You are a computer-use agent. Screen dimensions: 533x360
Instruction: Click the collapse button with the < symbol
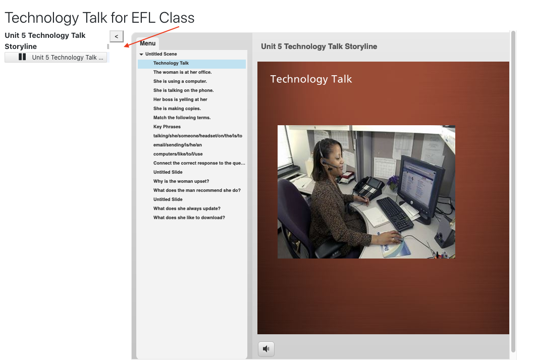click(x=116, y=36)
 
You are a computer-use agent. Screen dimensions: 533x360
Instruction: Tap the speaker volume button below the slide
click(x=266, y=349)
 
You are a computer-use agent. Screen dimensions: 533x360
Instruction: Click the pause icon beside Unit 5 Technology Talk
click(x=22, y=57)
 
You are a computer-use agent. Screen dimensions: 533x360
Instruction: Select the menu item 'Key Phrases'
click(x=167, y=127)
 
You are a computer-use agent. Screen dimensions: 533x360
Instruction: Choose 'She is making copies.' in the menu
click(x=177, y=109)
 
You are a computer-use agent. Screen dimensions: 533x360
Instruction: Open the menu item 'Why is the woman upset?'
click(x=181, y=181)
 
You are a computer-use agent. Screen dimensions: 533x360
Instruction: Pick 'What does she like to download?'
click(x=189, y=218)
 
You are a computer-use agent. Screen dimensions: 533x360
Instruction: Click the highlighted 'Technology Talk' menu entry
click(x=171, y=63)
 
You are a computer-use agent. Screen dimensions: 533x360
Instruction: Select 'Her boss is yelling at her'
click(x=180, y=99)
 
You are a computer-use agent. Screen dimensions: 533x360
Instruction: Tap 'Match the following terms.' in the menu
click(x=182, y=118)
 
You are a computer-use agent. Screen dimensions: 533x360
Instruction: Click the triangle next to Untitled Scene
click(x=141, y=55)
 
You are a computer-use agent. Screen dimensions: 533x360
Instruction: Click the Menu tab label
click(x=147, y=43)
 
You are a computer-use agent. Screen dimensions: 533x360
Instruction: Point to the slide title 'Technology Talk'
click(x=311, y=79)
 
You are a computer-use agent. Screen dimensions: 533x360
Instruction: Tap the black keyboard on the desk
click(x=395, y=214)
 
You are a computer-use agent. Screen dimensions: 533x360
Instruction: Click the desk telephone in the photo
click(x=368, y=188)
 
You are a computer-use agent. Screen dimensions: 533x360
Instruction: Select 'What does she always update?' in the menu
click(x=187, y=209)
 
